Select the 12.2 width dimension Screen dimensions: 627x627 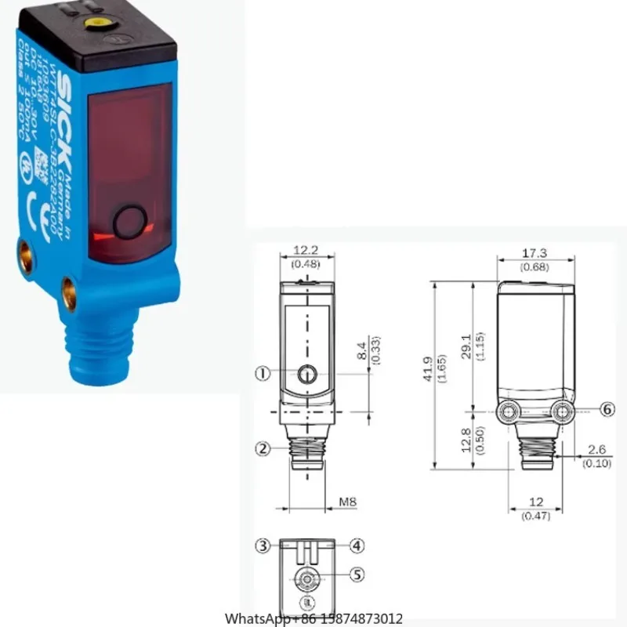coord(307,250)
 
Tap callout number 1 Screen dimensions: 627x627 coord(264,374)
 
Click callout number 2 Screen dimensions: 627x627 coord(264,449)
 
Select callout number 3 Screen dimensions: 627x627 coord(264,545)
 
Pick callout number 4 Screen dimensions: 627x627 coord(357,545)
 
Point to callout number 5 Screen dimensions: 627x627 coord(357,574)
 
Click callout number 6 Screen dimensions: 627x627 coord(608,408)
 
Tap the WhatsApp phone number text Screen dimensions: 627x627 coord(314,618)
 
